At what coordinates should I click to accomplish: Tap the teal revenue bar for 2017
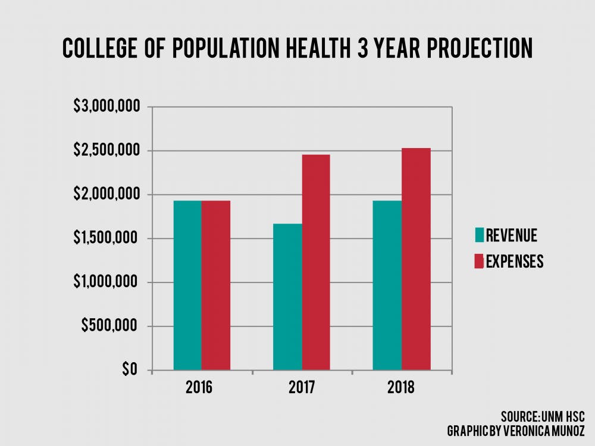[x=287, y=297]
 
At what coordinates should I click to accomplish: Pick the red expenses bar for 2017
[x=316, y=262]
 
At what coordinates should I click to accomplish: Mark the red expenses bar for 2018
[x=416, y=259]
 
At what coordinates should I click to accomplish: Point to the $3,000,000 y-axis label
[x=107, y=107]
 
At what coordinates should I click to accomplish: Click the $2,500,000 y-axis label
[x=107, y=151]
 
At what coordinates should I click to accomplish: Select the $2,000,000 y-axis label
[x=107, y=194]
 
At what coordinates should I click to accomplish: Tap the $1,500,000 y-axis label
[x=107, y=238]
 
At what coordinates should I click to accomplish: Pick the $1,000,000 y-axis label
[x=107, y=282]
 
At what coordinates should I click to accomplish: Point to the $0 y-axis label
[x=130, y=370]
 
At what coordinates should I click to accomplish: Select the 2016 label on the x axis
[x=202, y=388]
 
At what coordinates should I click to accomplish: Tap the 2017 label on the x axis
[x=302, y=388]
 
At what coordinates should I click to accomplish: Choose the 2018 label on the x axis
[x=402, y=388]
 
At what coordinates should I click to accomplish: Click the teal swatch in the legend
[x=480, y=235]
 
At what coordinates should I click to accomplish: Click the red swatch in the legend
[x=480, y=261]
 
